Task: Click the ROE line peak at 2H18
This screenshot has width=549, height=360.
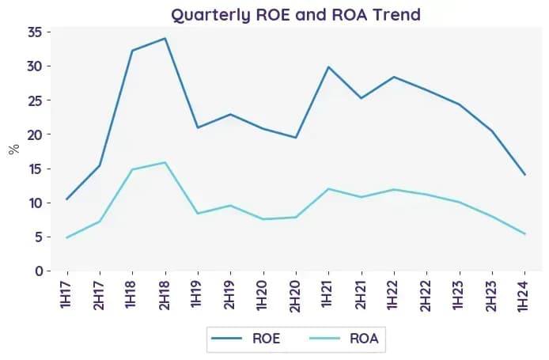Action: pyautogui.click(x=165, y=38)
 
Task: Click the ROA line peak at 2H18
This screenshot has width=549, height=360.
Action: pyautogui.click(x=165, y=162)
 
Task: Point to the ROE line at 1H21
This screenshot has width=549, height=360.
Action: pyautogui.click(x=328, y=66)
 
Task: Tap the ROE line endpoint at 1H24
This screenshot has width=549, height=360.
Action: pyautogui.click(x=524, y=174)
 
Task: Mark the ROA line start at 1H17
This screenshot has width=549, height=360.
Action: pyautogui.click(x=66, y=238)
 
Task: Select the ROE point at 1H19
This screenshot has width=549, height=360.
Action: pyautogui.click(x=198, y=127)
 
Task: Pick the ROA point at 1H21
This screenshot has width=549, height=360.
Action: pyautogui.click(x=328, y=189)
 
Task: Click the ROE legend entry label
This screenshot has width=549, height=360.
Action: pyautogui.click(x=266, y=339)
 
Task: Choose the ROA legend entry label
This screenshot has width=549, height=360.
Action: pyautogui.click(x=364, y=339)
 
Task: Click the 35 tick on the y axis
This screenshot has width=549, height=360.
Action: pyautogui.click(x=35, y=32)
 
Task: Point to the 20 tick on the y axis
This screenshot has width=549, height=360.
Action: pyautogui.click(x=35, y=135)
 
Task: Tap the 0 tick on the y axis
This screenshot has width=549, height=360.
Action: pyautogui.click(x=39, y=271)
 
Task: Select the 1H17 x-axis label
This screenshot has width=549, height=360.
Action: pyautogui.click(x=66, y=294)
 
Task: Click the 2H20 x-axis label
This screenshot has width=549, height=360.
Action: pyautogui.click(x=296, y=296)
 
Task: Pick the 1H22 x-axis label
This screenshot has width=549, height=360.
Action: pyautogui.click(x=394, y=295)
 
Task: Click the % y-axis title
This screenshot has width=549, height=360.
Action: pyautogui.click(x=14, y=150)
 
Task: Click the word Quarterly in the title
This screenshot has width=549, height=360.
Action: pyautogui.click(x=211, y=15)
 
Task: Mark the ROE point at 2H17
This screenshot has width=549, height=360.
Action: pyautogui.click(x=100, y=165)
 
